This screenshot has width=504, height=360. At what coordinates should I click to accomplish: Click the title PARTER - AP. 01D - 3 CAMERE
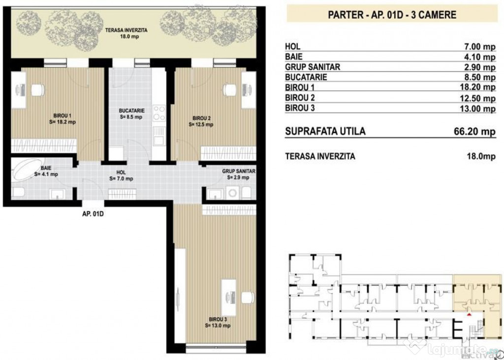392,14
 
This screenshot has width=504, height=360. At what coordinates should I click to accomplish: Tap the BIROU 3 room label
219,322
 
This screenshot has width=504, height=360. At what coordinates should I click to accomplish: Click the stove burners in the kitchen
159,113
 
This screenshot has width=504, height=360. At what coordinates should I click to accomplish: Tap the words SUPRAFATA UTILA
325,132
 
